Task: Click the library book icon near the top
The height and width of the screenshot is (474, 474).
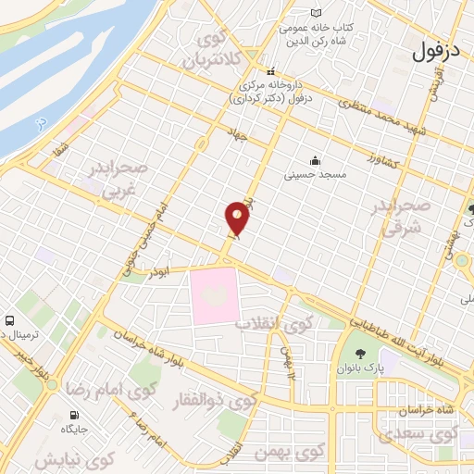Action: pos(318,13)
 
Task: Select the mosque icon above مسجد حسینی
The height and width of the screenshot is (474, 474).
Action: pos(317,158)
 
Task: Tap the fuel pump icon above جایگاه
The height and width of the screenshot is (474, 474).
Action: pos(74,416)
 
